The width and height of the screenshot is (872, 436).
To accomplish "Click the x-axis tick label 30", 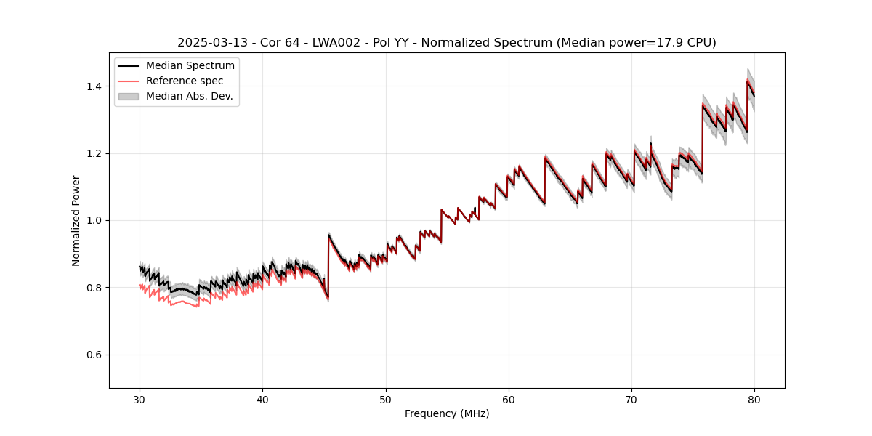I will [x=140, y=399].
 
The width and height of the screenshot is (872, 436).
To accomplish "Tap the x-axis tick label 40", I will [x=263, y=399].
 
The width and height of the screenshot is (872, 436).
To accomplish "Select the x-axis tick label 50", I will [x=386, y=399].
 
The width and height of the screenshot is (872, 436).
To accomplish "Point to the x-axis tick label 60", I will [x=509, y=399].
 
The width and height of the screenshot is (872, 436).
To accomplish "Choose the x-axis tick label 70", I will [x=631, y=399].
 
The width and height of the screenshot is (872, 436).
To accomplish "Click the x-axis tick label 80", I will [x=754, y=399].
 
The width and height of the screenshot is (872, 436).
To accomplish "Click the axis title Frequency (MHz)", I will [x=447, y=413].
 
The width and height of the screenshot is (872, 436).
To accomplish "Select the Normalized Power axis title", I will [x=76, y=220].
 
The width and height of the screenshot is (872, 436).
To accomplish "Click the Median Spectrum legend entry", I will [x=190, y=66].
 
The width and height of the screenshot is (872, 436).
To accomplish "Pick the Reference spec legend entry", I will [x=185, y=81].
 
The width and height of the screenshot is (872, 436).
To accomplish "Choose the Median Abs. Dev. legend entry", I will [x=189, y=96].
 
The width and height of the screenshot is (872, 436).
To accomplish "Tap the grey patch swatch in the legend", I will [x=129, y=96].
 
